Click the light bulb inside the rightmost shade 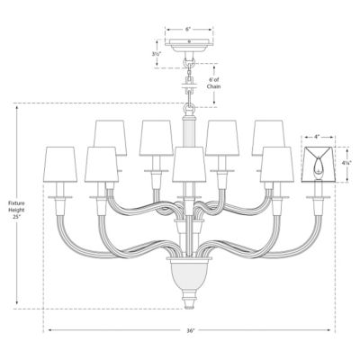(x=319, y=165)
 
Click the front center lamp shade (x=187, y=166)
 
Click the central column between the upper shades (x=187, y=135)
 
